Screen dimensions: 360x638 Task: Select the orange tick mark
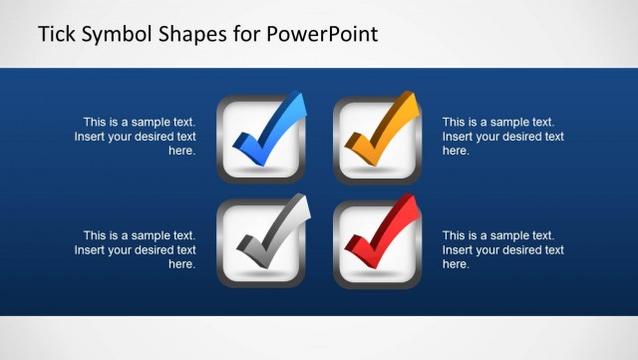pyautogui.click(x=378, y=135)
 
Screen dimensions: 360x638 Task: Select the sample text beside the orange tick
pyautogui.click(x=502, y=137)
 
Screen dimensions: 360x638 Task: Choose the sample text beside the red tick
pyautogui.click(x=502, y=249)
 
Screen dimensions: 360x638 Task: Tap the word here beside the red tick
pyautogui.click(x=456, y=264)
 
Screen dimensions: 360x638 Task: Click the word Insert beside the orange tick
pyautogui.click(x=459, y=137)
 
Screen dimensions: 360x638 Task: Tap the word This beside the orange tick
pyautogui.click(x=456, y=122)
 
